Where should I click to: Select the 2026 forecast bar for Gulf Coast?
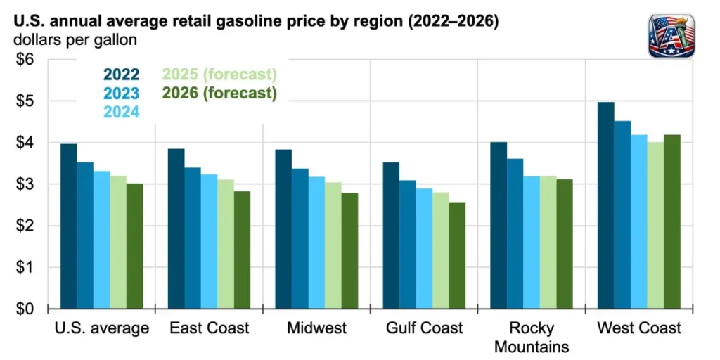pyautogui.click(x=457, y=256)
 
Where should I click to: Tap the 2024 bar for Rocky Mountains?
pyautogui.click(x=532, y=243)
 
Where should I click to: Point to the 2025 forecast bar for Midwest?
pyautogui.click(x=333, y=245)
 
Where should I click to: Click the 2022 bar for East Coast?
pyautogui.click(x=176, y=229)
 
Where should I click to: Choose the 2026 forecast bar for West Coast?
pyautogui.click(x=672, y=221)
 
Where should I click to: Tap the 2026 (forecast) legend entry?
pyautogui.click(x=219, y=93)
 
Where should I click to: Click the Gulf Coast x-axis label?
pyautogui.click(x=425, y=328)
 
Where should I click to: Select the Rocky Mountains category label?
pyautogui.click(x=532, y=337)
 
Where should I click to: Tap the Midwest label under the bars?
pyautogui.click(x=316, y=328)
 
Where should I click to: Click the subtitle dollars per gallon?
pyautogui.click(x=75, y=40)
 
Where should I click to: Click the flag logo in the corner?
pyautogui.click(x=672, y=35)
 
